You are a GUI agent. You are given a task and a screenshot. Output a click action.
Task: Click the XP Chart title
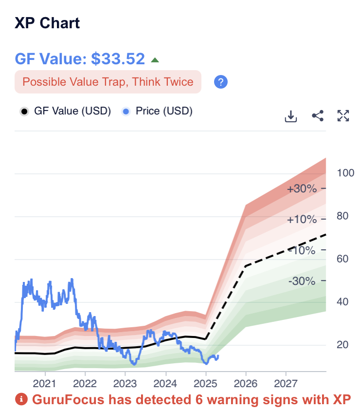(x=47, y=23)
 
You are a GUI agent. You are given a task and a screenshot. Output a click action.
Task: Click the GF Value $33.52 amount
(x=118, y=59)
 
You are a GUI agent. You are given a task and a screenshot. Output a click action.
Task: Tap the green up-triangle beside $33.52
(x=155, y=60)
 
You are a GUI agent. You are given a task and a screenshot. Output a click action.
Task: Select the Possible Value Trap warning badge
(x=108, y=82)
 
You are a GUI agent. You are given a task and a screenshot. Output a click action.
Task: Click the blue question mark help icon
(x=221, y=82)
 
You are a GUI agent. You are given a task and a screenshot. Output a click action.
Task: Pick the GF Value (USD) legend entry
(x=66, y=111)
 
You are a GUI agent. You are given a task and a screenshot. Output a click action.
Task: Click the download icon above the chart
(x=291, y=116)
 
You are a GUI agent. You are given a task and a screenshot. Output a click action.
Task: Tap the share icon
(x=318, y=116)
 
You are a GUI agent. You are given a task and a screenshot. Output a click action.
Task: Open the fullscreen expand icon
(x=343, y=116)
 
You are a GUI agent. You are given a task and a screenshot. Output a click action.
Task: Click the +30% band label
(x=302, y=189)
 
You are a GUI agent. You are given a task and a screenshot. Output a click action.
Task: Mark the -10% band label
(x=302, y=250)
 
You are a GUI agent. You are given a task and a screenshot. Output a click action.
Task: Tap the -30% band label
(x=302, y=281)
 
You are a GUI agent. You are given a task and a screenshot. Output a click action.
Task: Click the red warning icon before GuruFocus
(x=21, y=400)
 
